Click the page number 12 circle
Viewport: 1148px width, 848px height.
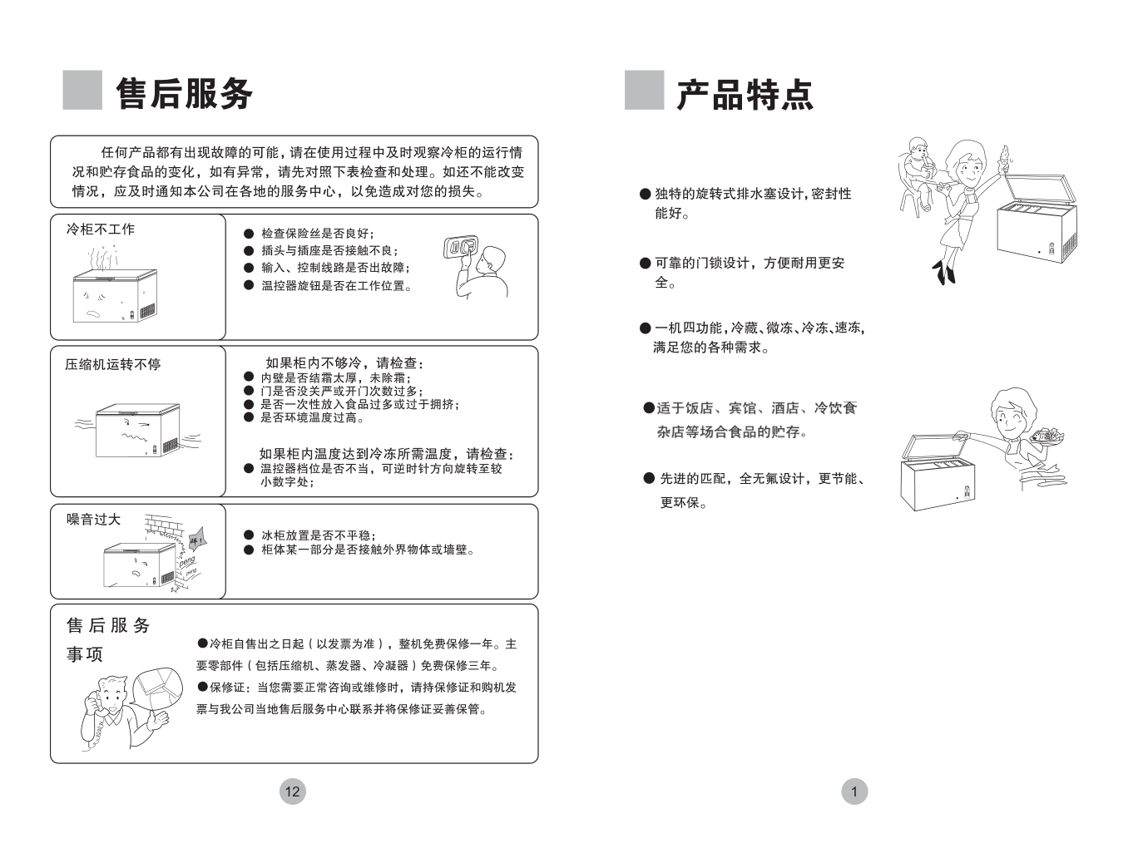[293, 791]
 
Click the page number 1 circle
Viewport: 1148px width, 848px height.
[854, 791]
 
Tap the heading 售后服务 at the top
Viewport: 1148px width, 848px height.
[184, 94]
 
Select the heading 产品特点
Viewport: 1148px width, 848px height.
[745, 95]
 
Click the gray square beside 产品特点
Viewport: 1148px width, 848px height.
[644, 90]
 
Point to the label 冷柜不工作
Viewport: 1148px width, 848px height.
[101, 229]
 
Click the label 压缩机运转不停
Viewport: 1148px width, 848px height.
[113, 364]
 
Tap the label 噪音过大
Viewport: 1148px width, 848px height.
[93, 519]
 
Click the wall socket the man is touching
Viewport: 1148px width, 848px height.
[461, 247]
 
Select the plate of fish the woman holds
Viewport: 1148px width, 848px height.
[1047, 436]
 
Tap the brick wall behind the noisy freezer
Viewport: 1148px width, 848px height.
[164, 527]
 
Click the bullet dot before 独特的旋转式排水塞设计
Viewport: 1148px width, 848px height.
[645, 194]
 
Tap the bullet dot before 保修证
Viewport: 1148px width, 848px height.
[202, 687]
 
